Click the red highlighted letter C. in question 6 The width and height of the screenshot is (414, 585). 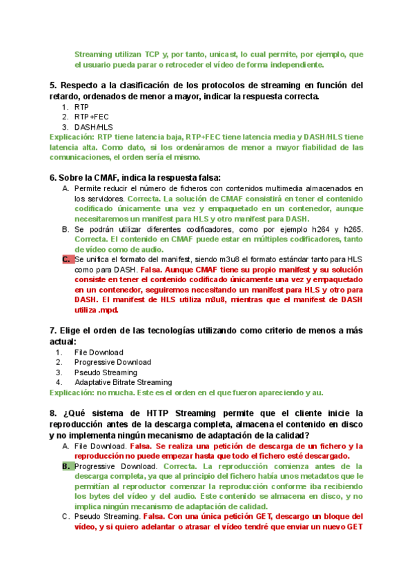(67, 259)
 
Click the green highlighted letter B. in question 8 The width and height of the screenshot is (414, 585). (67, 466)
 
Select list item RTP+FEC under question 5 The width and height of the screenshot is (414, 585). (90, 117)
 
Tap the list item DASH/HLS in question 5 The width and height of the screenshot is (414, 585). (94, 128)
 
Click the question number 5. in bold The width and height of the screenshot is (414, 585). (53, 86)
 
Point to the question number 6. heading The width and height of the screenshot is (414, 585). (53, 178)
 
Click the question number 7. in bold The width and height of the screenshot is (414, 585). (53, 331)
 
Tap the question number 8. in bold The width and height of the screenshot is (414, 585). (53, 414)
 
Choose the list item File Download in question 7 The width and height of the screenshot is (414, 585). (99, 353)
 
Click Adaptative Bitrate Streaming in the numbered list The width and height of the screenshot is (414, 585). (123, 382)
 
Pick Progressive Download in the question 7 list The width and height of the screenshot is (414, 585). (113, 362)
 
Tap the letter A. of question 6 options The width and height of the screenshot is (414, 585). (66, 188)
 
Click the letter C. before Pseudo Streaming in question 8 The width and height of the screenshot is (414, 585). (66, 516)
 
